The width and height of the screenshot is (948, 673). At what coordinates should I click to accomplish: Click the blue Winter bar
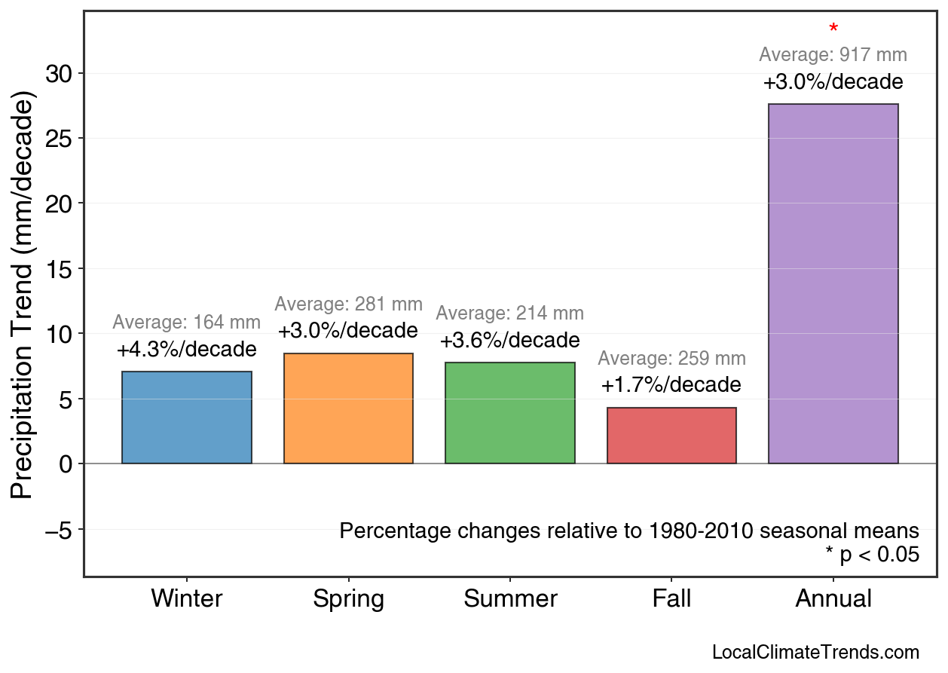click(x=187, y=418)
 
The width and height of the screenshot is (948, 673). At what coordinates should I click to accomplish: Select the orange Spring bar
click(x=348, y=408)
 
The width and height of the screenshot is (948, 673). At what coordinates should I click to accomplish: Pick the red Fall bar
click(x=671, y=436)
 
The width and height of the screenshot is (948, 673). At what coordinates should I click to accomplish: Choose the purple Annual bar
click(x=833, y=283)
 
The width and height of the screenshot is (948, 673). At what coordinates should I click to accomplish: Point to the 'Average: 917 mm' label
click(x=833, y=55)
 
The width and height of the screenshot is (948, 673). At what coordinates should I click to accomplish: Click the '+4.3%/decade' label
click(x=187, y=350)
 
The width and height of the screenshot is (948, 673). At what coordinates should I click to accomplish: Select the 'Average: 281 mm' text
click(x=348, y=304)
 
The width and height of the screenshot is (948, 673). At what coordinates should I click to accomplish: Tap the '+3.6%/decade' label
click(x=510, y=341)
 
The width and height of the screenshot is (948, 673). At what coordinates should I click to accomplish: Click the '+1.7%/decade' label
click(x=671, y=385)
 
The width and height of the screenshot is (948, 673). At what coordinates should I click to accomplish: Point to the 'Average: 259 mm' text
click(x=671, y=359)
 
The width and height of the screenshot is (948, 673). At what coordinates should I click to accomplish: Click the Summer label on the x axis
click(x=510, y=599)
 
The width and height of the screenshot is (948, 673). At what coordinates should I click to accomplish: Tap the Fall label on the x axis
click(x=671, y=599)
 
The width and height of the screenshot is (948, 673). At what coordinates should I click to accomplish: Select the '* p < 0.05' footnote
click(x=872, y=555)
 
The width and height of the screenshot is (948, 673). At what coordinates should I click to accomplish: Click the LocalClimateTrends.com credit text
click(x=815, y=653)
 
